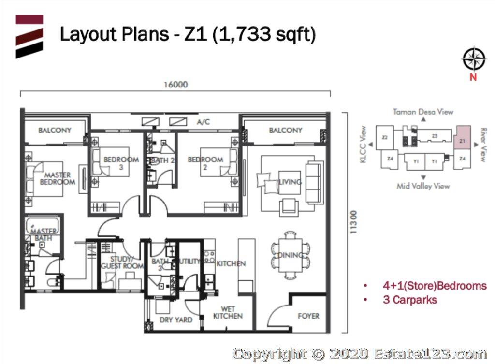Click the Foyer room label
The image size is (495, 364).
click(x=308, y=316)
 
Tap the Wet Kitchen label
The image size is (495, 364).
click(x=228, y=313)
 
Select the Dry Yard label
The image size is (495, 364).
click(x=176, y=320)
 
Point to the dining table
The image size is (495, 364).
click(x=290, y=255)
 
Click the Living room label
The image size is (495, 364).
click(x=290, y=182)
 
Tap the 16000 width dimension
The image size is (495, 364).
click(x=175, y=85)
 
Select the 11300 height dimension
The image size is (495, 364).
click(x=354, y=222)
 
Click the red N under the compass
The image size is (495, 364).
click(x=473, y=77)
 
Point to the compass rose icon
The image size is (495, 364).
click(x=474, y=58)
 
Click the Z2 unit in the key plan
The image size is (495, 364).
click(x=384, y=137)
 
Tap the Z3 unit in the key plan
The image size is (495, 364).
click(x=435, y=136)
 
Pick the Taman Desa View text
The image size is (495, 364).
click(x=422, y=112)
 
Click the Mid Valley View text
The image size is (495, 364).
click(x=423, y=186)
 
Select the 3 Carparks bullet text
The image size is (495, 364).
click(x=410, y=300)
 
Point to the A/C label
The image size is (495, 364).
click(x=203, y=122)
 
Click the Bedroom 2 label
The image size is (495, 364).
click(x=205, y=163)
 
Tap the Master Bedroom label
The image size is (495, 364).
click(x=58, y=178)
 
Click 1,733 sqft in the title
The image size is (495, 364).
click(x=264, y=34)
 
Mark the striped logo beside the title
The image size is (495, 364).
click(x=29, y=37)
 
